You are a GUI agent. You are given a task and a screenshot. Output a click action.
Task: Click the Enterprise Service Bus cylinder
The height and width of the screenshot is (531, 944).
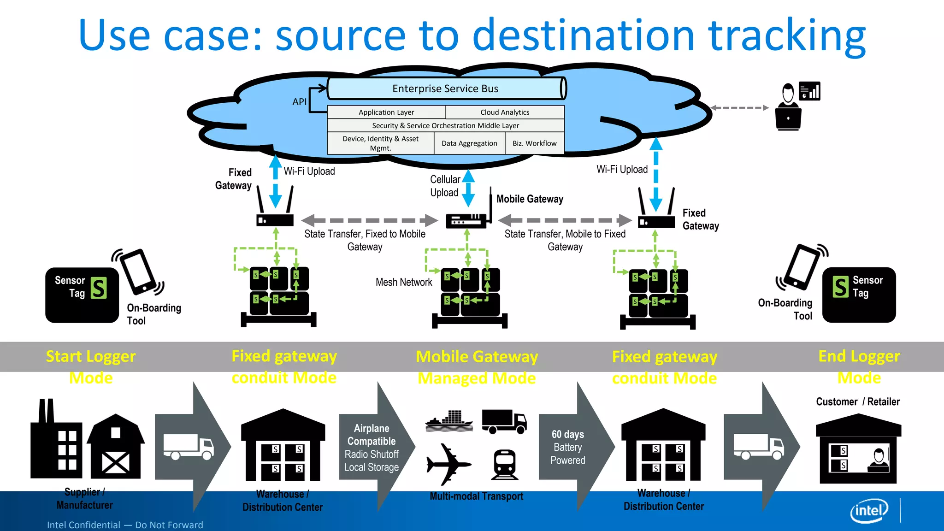click(446, 88)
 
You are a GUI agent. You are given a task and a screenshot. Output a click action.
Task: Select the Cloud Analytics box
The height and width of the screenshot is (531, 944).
click(505, 112)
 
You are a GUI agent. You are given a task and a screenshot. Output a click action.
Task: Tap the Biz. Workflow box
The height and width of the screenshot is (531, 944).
click(535, 143)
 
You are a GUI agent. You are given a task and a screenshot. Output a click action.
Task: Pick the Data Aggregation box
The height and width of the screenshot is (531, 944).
click(469, 143)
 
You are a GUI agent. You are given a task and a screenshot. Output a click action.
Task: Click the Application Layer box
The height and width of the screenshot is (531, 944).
click(386, 112)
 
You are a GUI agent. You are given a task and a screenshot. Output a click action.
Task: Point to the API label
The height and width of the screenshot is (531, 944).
click(299, 102)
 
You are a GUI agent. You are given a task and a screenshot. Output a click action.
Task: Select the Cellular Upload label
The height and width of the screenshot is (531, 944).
click(444, 186)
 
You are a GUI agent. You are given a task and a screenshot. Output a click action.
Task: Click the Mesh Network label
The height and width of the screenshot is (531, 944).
click(404, 282)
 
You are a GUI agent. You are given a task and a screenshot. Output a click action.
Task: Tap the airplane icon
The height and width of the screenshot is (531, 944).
click(448, 464)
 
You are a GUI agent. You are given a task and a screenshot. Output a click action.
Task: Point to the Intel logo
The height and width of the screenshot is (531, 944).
click(869, 510)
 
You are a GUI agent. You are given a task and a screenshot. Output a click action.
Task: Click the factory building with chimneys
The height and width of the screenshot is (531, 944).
click(56, 442)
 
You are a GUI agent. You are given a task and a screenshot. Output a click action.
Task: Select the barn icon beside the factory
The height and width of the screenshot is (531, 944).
click(115, 447)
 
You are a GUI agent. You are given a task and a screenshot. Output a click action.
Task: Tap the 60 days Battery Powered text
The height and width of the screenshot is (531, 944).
click(567, 447)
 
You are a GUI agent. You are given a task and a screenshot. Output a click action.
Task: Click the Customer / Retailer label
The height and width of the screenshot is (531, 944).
click(857, 401)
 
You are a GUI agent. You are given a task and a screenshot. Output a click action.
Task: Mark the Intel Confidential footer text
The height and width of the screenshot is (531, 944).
click(125, 525)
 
